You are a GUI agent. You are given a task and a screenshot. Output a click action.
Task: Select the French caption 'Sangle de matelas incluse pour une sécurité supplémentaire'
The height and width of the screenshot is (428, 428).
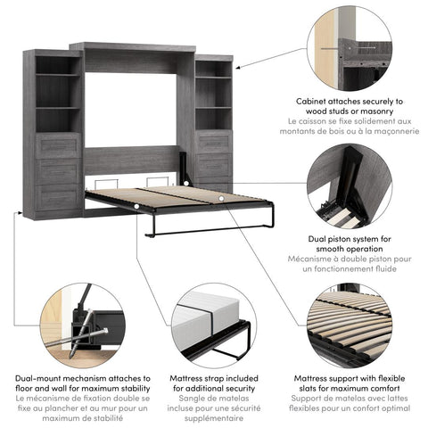click(213, 409)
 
